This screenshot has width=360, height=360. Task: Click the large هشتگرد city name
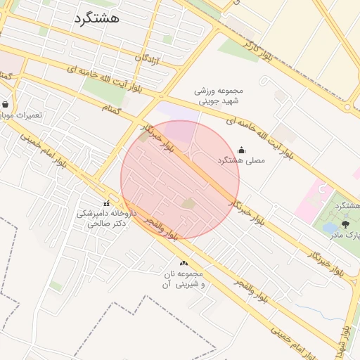(96, 18)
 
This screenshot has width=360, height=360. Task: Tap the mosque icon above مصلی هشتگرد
(242, 149)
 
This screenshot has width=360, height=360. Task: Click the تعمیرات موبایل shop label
(20, 115)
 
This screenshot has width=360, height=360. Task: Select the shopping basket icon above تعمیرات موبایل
(6, 104)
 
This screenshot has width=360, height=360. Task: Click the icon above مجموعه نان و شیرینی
(184, 262)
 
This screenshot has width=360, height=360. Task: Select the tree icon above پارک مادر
(345, 223)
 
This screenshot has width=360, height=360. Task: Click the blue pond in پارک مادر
(329, 227)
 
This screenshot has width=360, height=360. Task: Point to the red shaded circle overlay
(180, 179)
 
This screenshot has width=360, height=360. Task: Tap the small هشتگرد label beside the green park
(343, 205)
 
